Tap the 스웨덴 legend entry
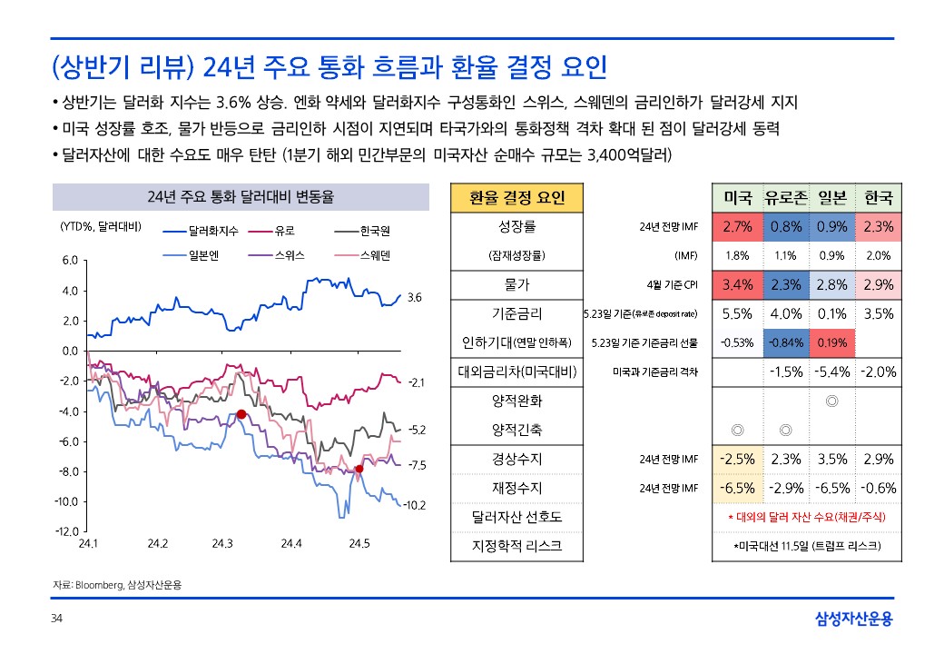click(x=374, y=255)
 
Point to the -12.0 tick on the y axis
click(x=69, y=531)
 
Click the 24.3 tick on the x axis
click(x=223, y=543)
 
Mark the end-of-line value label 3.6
click(x=415, y=297)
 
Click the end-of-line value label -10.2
click(x=415, y=505)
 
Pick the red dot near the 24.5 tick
click(x=359, y=469)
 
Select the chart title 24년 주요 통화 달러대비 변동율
click(x=241, y=196)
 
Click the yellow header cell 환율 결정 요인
click(x=516, y=197)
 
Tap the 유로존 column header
click(x=786, y=197)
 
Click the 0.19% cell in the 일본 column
click(x=832, y=342)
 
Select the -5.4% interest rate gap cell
click(x=832, y=372)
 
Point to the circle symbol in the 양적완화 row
click(x=832, y=400)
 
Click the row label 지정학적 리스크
click(x=516, y=546)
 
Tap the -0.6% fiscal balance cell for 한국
click(x=879, y=488)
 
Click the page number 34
click(x=56, y=619)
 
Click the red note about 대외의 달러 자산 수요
click(x=808, y=517)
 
